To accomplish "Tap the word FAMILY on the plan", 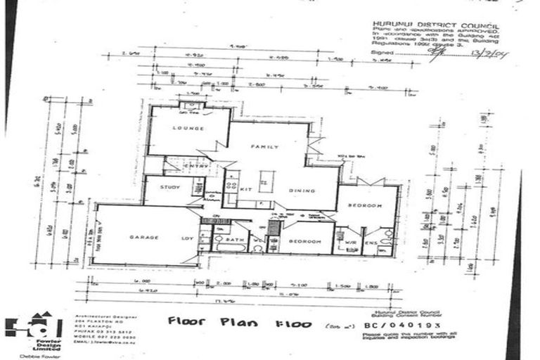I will point(266,147).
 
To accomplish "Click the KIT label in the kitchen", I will point(247,190).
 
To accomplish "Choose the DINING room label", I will point(305,191).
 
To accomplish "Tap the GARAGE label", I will point(141,238).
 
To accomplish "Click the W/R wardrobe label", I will point(351,243).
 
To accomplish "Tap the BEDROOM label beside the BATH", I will point(305,241).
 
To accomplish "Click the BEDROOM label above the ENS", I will point(366,205).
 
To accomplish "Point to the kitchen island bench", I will point(265,181).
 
